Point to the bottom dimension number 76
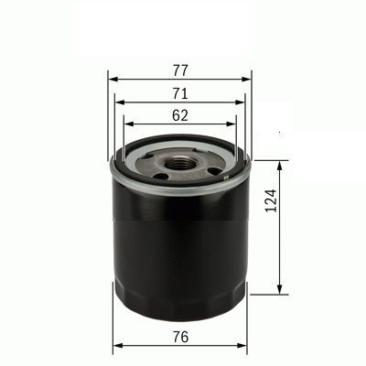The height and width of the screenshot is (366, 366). click(x=179, y=336)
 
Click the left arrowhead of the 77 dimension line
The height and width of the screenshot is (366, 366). click(x=113, y=79)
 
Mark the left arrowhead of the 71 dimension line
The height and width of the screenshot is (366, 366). click(x=119, y=102)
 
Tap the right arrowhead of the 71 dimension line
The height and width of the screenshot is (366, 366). click(x=241, y=102)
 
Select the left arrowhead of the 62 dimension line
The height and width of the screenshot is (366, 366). click(x=126, y=125)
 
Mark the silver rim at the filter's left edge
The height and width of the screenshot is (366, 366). click(x=113, y=168)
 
